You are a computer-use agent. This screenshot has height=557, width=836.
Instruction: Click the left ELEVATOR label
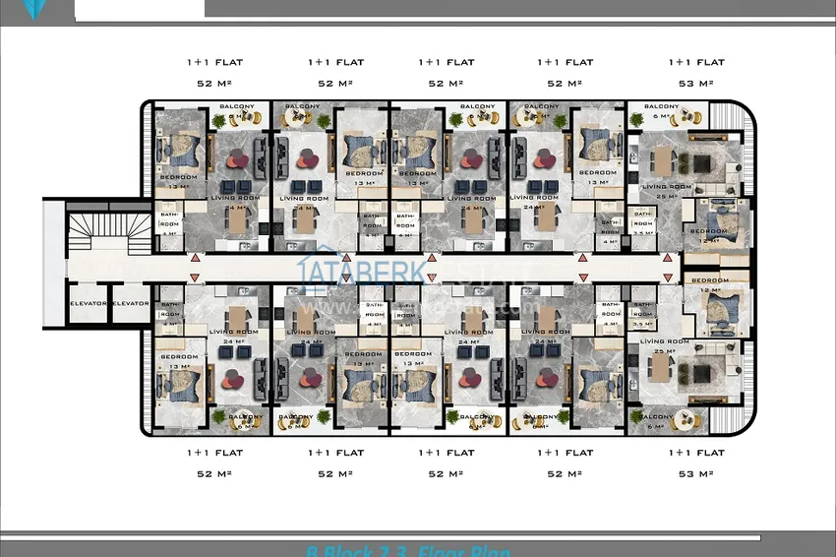tap(88, 303)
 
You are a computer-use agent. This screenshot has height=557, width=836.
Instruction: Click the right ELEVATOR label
tap(130, 303)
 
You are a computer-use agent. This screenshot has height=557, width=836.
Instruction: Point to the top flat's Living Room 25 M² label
tap(667, 191)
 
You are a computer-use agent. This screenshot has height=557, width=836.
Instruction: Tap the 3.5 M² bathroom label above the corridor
tap(642, 224)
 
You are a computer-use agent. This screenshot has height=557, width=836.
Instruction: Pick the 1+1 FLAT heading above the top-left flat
tap(214, 62)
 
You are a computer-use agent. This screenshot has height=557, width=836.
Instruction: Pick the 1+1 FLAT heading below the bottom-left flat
tap(214, 453)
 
